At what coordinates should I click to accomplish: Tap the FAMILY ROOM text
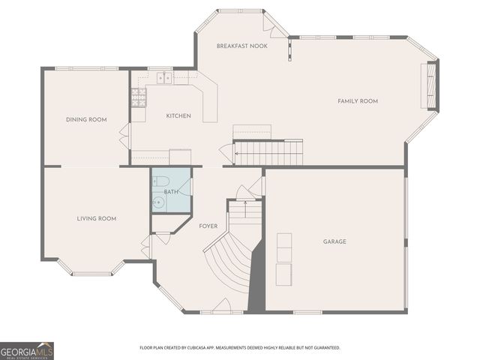(x=357, y=101)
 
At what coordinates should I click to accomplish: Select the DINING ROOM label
(x=86, y=119)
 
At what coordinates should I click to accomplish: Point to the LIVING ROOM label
(x=96, y=218)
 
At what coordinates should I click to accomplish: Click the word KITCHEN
(x=178, y=115)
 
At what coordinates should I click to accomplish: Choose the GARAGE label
(x=334, y=241)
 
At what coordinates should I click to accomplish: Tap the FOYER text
(x=208, y=226)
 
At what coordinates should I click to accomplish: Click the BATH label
(x=170, y=192)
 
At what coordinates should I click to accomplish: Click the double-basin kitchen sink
(x=164, y=76)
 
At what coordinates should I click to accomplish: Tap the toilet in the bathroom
(x=158, y=181)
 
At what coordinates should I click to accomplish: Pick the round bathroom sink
(x=158, y=202)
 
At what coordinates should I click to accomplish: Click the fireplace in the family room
(x=431, y=87)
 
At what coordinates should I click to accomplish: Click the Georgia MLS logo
(x=27, y=350)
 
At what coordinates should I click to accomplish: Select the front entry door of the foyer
(x=222, y=307)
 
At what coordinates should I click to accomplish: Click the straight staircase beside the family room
(x=268, y=154)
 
